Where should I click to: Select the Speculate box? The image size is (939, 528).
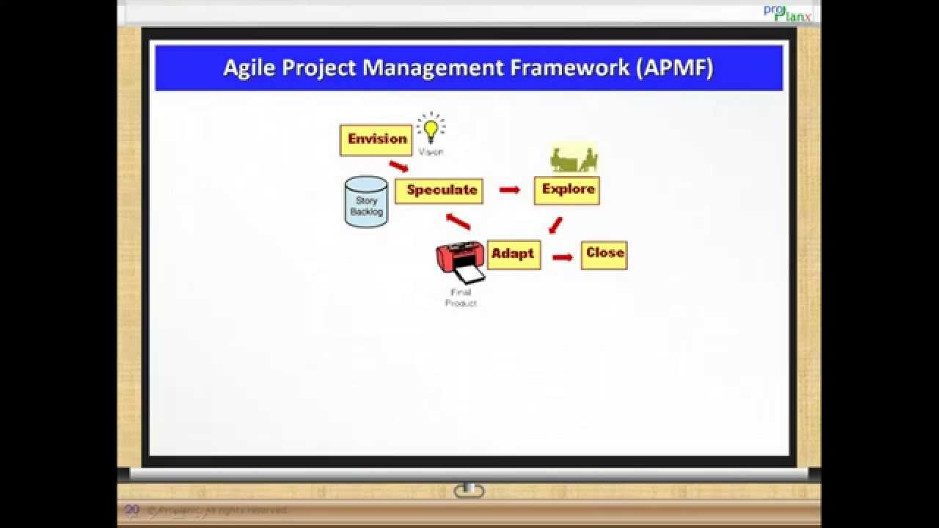(x=439, y=191)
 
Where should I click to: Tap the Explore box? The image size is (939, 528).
(x=567, y=190)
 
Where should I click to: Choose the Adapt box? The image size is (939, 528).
(x=514, y=254)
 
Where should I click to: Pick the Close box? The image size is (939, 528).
(x=604, y=254)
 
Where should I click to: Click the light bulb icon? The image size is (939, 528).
(x=431, y=130)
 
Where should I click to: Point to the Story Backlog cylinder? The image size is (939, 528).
(x=366, y=202)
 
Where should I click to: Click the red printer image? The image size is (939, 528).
(x=461, y=262)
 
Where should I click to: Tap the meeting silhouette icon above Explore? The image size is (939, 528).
(x=574, y=159)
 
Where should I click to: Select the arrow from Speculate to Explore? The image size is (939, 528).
(x=509, y=190)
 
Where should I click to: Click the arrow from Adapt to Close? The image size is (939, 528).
(x=562, y=257)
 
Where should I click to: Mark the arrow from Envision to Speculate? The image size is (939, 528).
(x=398, y=166)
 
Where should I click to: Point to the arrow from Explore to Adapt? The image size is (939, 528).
(x=555, y=224)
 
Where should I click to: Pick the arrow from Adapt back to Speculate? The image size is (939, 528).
(x=458, y=221)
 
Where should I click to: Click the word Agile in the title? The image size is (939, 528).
(x=249, y=67)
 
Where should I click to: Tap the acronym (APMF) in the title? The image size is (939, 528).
(x=675, y=67)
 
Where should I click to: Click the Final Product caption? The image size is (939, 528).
(x=461, y=298)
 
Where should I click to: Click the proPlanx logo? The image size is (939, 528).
(x=787, y=12)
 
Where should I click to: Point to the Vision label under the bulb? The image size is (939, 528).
(x=431, y=152)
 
